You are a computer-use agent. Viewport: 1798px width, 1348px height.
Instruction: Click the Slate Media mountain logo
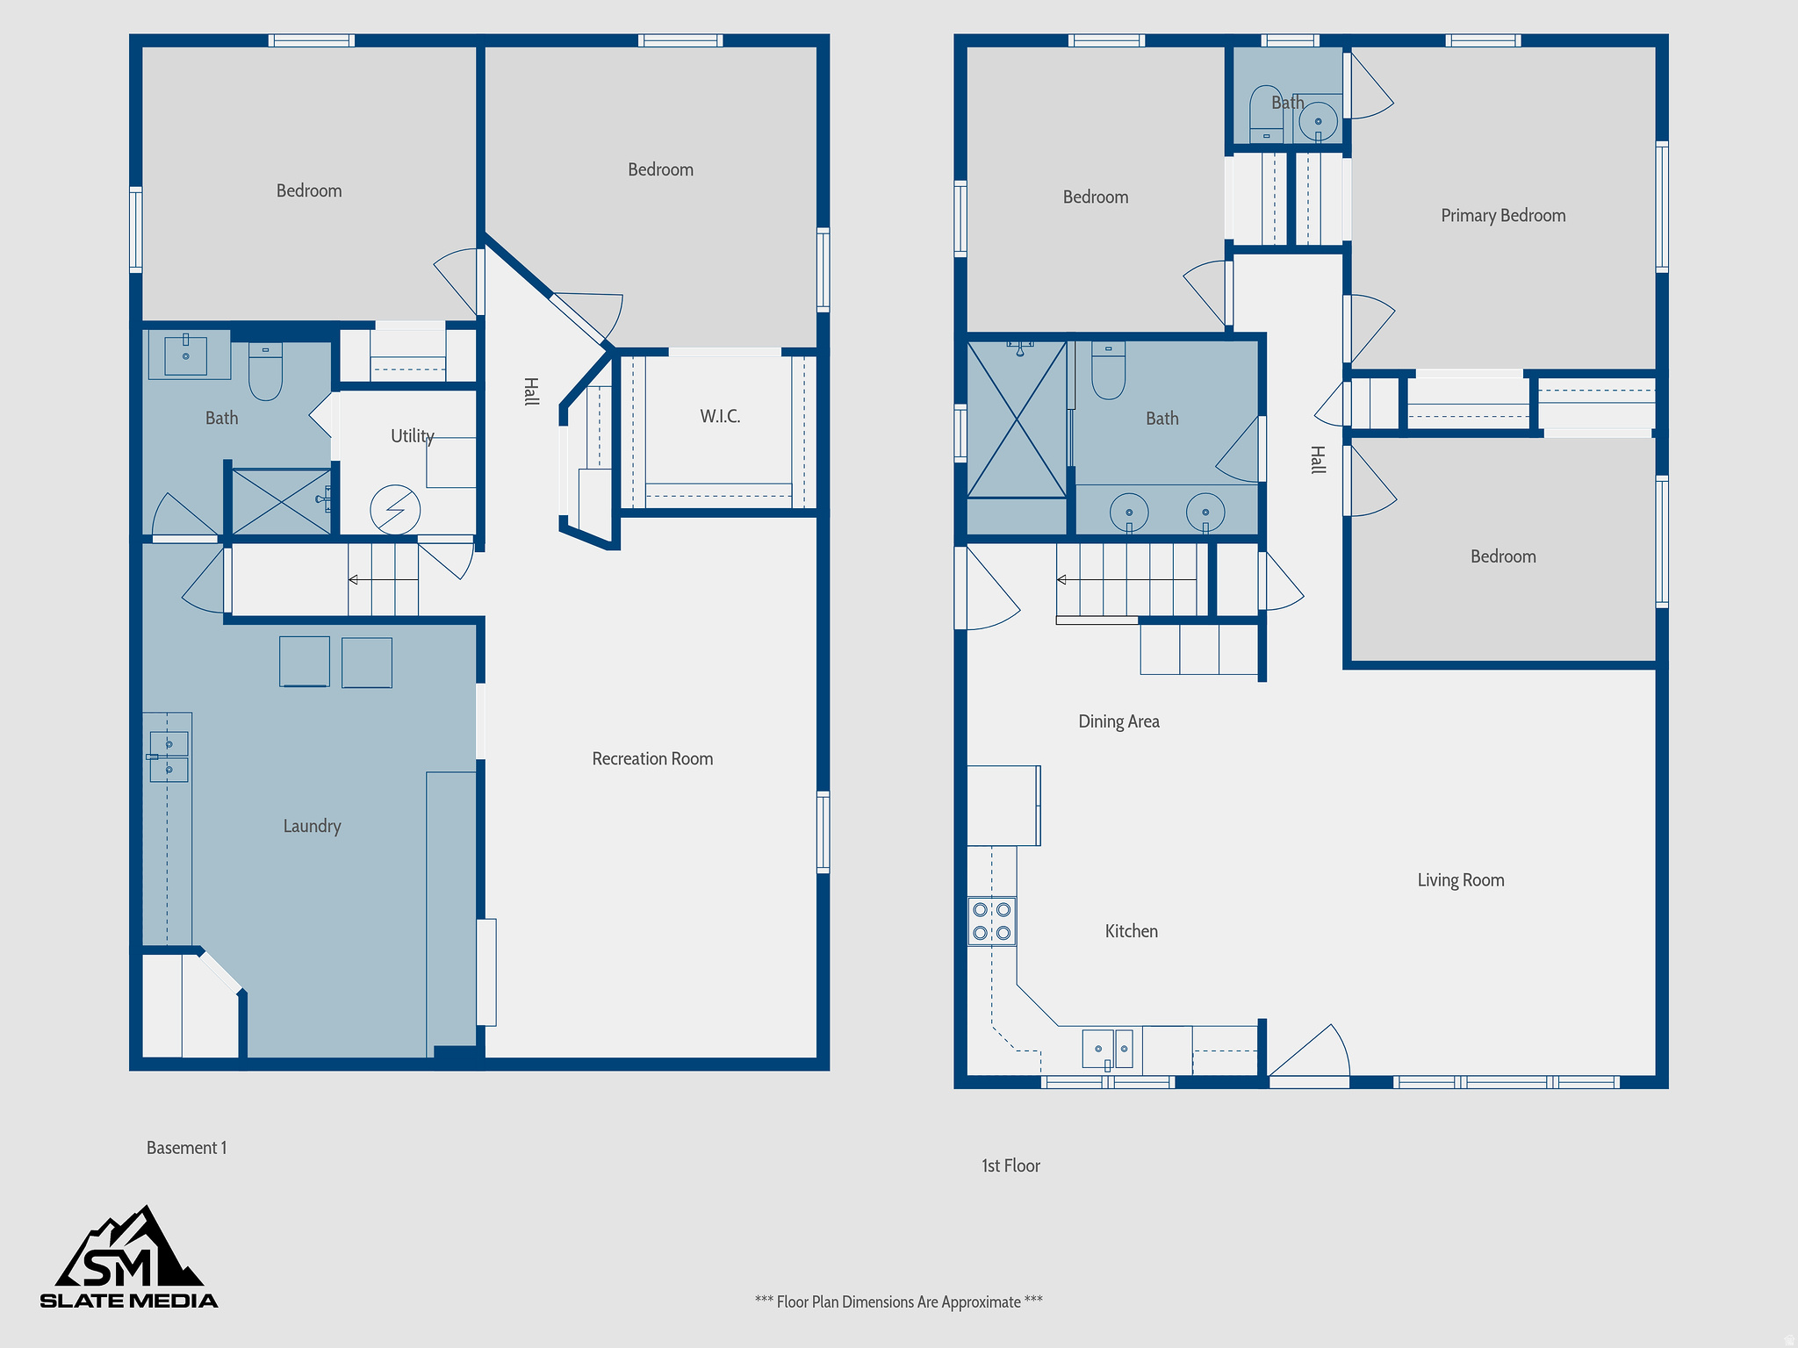click(x=129, y=1257)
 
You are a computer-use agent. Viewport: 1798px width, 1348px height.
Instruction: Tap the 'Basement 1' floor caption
click(x=186, y=1148)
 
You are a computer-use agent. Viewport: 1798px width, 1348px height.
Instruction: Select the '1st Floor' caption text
click(x=1010, y=1165)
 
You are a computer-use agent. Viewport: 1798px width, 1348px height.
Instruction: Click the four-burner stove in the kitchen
click(x=992, y=921)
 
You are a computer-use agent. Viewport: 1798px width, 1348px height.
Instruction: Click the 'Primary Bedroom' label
click(x=1503, y=216)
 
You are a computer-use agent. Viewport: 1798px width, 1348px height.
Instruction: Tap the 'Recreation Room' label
click(x=652, y=759)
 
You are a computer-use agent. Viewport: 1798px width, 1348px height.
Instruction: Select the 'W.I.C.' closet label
click(x=720, y=417)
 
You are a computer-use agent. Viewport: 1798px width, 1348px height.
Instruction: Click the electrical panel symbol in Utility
click(x=395, y=510)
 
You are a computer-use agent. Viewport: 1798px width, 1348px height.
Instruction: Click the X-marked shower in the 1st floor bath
click(x=1017, y=419)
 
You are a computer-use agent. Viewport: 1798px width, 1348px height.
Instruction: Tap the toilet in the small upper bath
click(x=1266, y=114)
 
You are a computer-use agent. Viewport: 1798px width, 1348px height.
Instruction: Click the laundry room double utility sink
click(x=169, y=756)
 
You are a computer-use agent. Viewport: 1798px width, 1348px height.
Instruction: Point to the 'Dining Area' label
click(x=1118, y=721)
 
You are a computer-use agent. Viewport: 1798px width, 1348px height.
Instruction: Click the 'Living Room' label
click(x=1461, y=880)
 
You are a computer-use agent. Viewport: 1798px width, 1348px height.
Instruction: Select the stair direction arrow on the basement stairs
click(x=354, y=579)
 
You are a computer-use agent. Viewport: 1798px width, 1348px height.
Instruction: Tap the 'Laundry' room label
click(x=312, y=826)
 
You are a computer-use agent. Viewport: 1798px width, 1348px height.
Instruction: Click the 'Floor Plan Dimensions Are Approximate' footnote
click(x=898, y=1301)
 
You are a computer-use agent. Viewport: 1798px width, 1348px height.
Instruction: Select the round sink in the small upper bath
click(x=1318, y=121)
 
